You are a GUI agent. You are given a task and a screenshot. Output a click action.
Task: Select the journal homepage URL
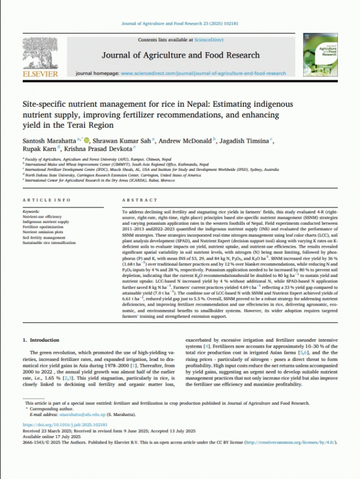click(x=203, y=73)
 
